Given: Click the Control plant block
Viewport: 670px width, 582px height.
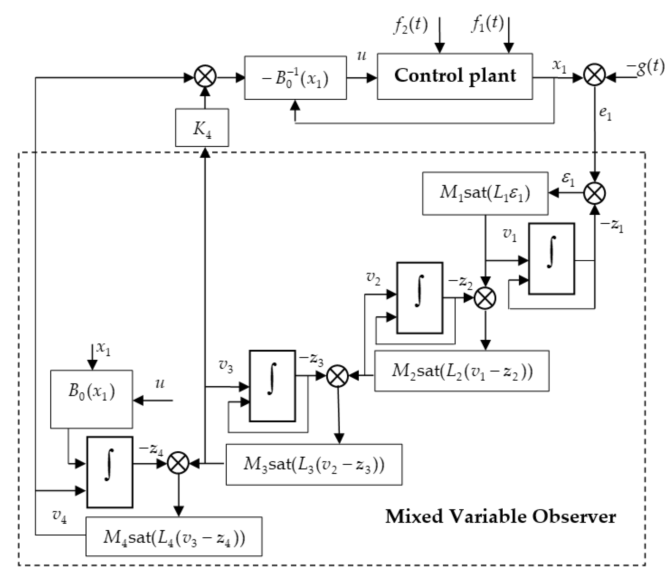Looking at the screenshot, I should click(454, 76).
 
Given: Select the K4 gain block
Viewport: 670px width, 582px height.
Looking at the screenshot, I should click(202, 128).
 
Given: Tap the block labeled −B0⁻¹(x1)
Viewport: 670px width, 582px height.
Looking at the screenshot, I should click(295, 78).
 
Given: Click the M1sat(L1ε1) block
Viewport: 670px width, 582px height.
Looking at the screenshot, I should click(485, 193).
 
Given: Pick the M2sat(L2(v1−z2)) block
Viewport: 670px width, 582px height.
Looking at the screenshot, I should click(462, 370).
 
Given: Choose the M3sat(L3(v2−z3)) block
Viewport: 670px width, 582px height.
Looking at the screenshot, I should click(314, 464).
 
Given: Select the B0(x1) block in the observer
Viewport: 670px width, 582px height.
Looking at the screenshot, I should click(92, 399).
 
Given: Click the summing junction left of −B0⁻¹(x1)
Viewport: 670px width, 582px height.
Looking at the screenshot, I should click(205, 77).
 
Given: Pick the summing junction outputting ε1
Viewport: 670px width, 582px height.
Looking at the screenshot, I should click(594, 193).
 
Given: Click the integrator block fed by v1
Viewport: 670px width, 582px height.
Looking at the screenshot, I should click(551, 258).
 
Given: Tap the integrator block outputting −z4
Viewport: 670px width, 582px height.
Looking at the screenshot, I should click(110, 472).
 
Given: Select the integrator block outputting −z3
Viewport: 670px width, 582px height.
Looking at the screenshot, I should click(272, 386).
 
